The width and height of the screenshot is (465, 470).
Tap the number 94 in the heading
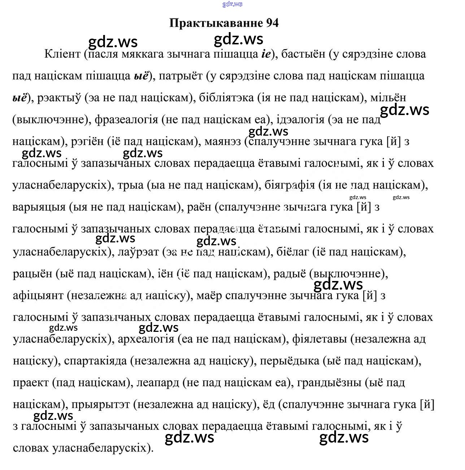(273, 23)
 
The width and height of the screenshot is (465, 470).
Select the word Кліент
(62, 54)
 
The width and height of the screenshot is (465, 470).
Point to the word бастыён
(303, 54)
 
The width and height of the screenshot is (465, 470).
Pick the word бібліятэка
(226, 98)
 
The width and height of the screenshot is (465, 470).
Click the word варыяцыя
(39, 207)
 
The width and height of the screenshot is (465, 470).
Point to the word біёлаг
(292, 251)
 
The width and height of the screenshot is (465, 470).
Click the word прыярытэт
(100, 405)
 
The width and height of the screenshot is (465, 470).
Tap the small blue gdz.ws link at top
(232, 4)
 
